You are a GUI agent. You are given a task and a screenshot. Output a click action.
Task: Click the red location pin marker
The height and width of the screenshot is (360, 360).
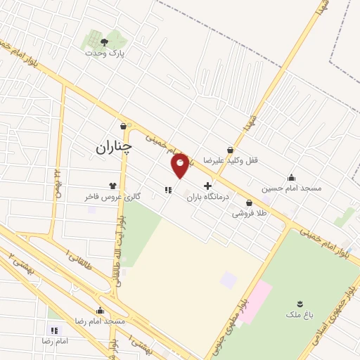180,166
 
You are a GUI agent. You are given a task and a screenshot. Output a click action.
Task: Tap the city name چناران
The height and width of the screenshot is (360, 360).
112,146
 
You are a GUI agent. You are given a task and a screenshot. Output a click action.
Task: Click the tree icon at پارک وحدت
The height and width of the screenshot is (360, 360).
104,42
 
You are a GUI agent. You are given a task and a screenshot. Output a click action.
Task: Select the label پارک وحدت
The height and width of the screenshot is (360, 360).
103,53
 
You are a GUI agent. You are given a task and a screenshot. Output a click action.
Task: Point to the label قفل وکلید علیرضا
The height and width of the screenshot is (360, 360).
231,160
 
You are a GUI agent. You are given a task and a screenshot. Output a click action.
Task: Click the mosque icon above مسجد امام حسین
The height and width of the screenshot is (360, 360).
291,177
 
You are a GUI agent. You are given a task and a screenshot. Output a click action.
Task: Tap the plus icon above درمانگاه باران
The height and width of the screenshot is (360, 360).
207,186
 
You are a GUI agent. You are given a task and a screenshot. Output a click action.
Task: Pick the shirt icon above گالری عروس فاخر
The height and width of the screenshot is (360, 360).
112,186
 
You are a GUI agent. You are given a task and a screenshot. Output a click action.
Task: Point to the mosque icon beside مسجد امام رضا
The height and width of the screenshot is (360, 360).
100,309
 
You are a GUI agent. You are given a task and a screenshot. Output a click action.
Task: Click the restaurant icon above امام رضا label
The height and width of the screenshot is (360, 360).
54,329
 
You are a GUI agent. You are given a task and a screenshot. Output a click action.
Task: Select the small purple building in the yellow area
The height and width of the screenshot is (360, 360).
229,281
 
